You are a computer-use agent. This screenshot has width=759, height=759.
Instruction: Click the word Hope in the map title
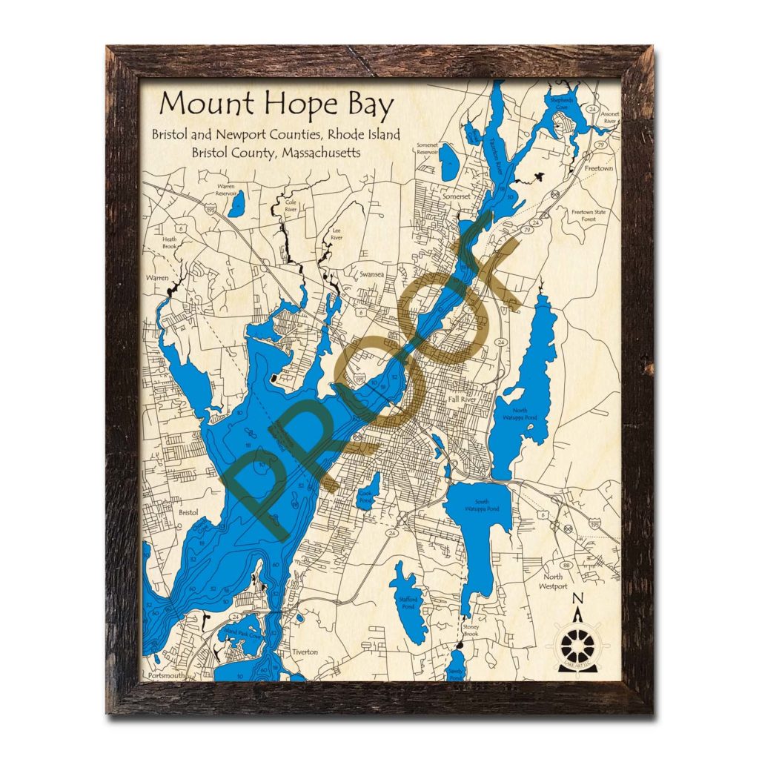(x=295, y=106)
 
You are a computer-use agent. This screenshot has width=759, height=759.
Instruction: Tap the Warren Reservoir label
(x=226, y=189)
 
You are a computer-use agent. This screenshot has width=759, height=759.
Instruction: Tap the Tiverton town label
(x=305, y=652)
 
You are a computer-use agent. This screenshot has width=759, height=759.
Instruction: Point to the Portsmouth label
(x=166, y=675)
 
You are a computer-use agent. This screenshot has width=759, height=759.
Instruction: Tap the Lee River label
(x=336, y=234)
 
